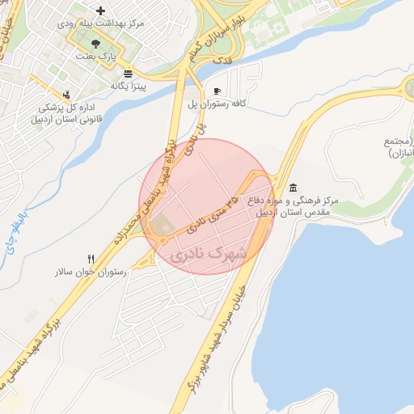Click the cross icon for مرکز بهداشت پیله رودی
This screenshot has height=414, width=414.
point(100,11)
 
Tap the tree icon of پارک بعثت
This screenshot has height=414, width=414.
point(97,43)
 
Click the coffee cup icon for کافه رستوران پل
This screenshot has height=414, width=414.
point(216,91)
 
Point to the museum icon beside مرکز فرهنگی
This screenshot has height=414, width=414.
point(292,188)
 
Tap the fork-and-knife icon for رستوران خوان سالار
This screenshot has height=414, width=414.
point(91,260)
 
